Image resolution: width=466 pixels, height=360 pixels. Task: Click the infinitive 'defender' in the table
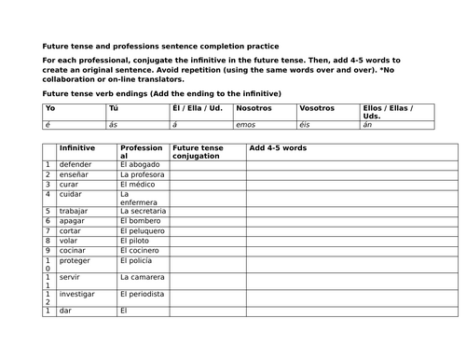75,164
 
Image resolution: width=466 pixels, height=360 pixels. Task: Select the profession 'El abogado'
139,164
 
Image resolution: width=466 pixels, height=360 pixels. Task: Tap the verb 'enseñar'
75,174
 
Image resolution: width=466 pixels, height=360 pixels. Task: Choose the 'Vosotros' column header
316,108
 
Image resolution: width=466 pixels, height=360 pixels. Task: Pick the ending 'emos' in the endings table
247,123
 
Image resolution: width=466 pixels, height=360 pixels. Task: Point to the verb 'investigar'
78,293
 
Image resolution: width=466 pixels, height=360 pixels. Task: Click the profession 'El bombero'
141,220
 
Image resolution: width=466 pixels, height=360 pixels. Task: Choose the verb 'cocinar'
74,250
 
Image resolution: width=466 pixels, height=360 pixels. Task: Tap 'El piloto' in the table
136,240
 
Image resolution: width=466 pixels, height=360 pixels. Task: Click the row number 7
48,230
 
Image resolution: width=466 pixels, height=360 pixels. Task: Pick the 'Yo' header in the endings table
50,108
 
